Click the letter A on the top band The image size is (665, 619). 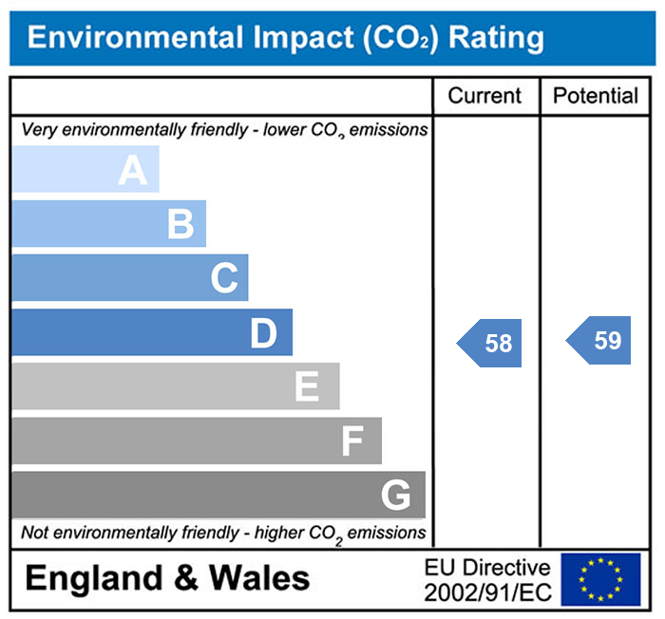tap(133, 171)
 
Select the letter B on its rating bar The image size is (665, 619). tap(180, 225)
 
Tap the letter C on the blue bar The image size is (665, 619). tap(224, 279)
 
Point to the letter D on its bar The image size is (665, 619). tap(263, 333)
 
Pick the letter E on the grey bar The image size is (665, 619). tap(306, 387)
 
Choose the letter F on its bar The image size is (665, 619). tap(352, 441)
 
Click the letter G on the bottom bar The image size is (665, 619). tap(396, 496)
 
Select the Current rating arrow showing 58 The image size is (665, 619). tap(491, 343)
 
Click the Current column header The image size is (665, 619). tap(484, 96)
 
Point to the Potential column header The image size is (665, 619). tap(596, 96)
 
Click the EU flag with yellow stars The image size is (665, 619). tap(600, 579)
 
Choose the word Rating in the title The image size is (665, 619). tap(496, 38)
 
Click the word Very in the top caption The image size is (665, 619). tap(38, 129)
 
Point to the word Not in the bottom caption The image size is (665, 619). tap(34, 533)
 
